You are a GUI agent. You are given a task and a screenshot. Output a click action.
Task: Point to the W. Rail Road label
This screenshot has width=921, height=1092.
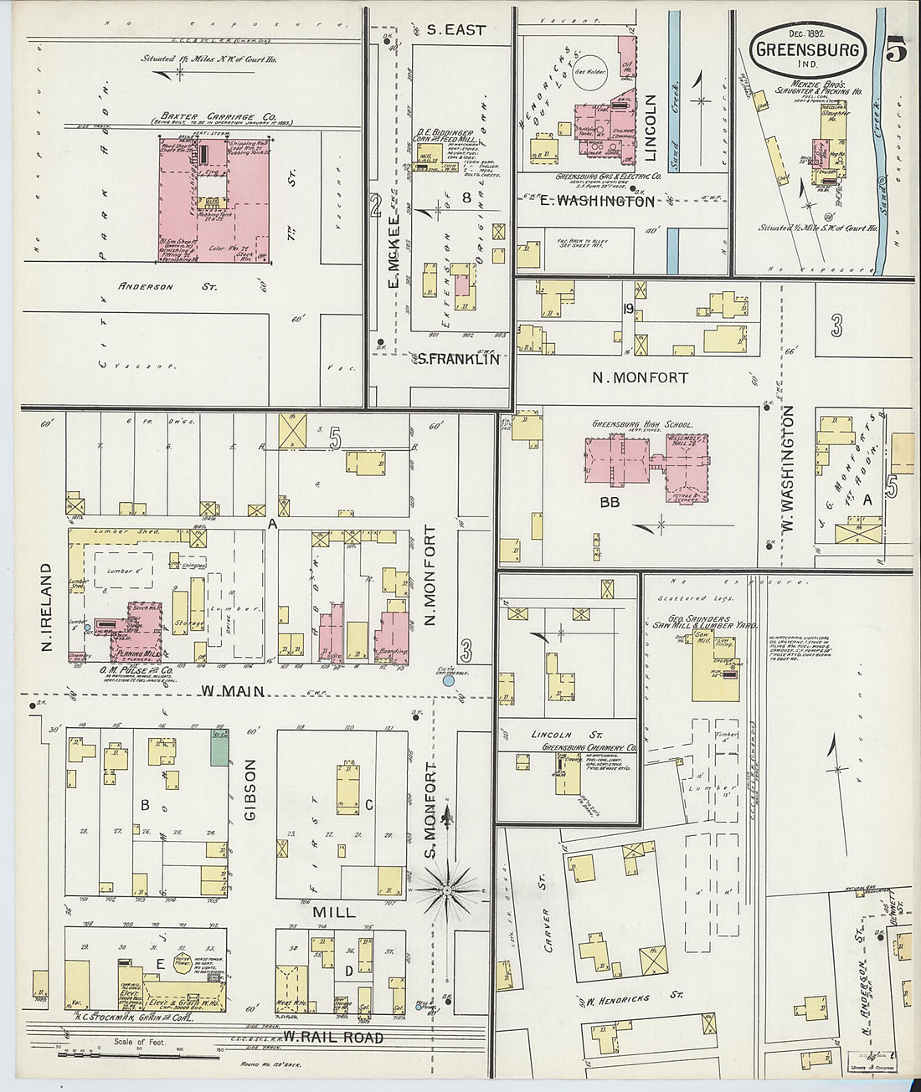[333, 1038]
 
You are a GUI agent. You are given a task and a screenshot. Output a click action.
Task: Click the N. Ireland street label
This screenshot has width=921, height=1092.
[47, 607]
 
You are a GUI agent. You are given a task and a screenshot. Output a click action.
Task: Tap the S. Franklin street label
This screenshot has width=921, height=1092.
[458, 359]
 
